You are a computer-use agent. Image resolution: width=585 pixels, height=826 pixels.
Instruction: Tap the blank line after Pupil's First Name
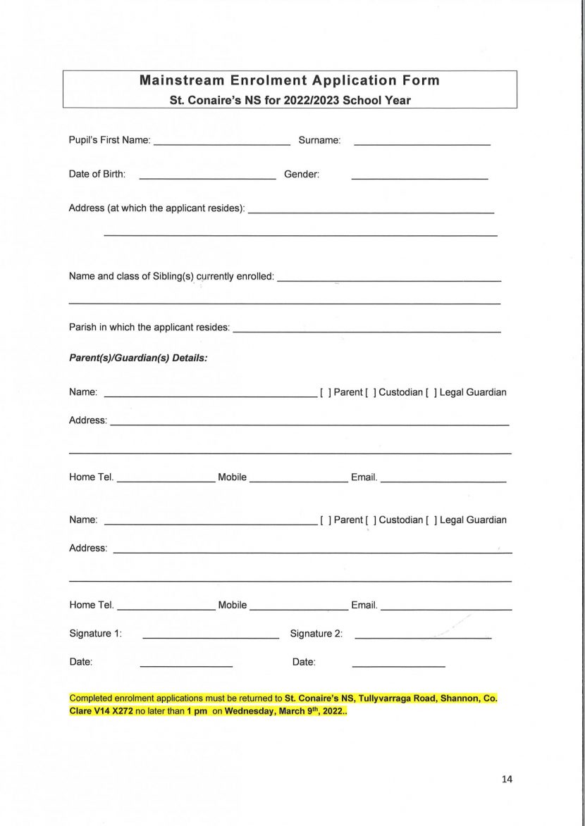tap(221, 143)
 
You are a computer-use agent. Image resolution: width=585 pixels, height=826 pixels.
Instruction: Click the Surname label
tap(319, 140)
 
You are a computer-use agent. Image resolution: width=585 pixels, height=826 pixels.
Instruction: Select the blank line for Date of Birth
tap(207, 178)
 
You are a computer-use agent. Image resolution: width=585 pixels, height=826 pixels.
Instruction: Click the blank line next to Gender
tap(419, 178)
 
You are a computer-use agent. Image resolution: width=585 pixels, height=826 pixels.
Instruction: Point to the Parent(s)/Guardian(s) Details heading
tap(138, 358)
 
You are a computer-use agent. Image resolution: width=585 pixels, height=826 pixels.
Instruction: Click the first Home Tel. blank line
tap(166, 481)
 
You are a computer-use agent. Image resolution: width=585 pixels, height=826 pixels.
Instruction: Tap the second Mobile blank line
tap(299, 608)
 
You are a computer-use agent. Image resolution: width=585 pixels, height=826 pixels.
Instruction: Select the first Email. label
tap(364, 477)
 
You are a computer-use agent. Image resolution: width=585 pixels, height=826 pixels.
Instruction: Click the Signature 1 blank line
tap(210, 637)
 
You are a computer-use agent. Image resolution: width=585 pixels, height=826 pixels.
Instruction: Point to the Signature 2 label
tap(316, 634)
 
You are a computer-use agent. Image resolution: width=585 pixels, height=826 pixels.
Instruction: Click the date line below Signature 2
tap(398, 665)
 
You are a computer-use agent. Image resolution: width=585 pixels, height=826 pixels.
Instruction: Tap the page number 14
tap(507, 779)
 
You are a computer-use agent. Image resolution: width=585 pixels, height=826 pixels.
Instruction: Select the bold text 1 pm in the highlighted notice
tap(197, 711)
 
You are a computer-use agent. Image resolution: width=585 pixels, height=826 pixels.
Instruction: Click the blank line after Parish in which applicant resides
tap(367, 331)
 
